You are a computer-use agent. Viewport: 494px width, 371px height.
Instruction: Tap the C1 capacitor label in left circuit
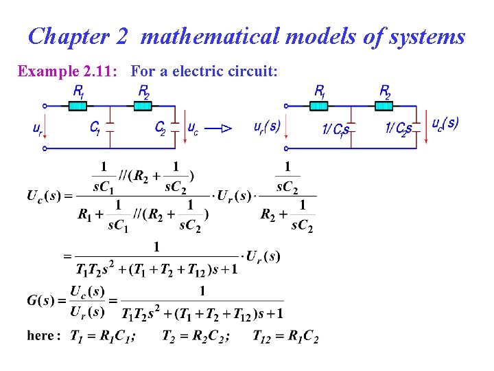95,128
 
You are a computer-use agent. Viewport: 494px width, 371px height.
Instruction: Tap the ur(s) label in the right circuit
266,128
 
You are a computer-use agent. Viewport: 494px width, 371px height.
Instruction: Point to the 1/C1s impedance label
336,129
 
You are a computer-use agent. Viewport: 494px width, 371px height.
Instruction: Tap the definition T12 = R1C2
285,336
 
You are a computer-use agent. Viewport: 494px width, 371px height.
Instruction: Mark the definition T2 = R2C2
196,336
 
